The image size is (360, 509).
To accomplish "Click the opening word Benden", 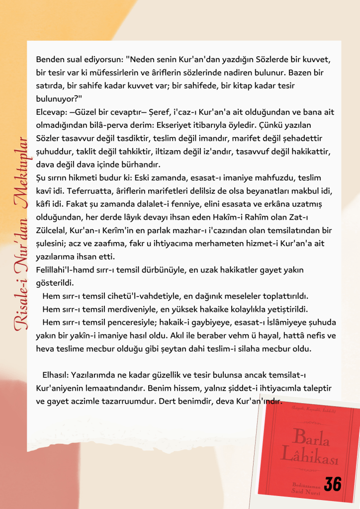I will [x=52, y=60].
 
